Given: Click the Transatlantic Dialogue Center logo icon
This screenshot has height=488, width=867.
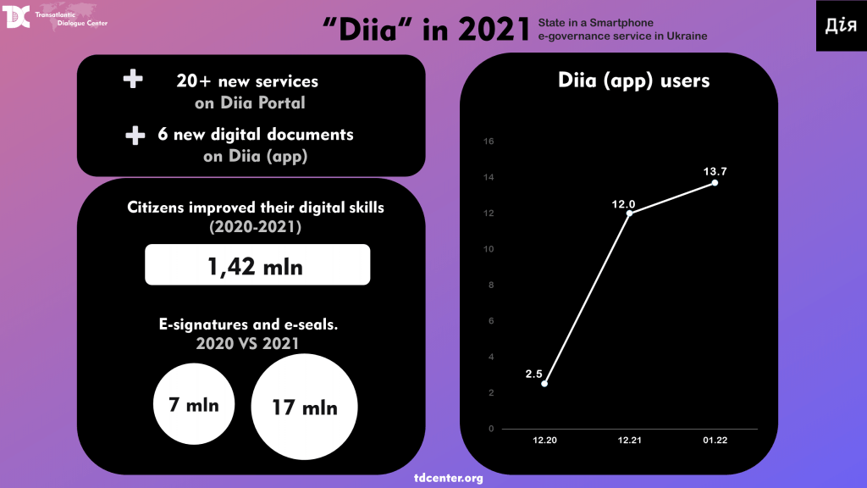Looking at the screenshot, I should (x=17, y=16).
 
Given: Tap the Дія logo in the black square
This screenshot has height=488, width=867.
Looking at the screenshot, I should (x=841, y=25).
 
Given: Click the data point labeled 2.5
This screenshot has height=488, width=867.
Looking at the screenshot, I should (x=544, y=384).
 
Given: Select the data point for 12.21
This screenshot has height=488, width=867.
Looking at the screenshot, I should (x=629, y=213).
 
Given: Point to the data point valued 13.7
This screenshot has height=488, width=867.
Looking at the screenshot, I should (x=715, y=183).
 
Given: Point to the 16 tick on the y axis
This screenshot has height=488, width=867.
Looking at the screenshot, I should (x=489, y=141).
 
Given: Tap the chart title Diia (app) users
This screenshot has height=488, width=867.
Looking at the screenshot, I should (x=634, y=81).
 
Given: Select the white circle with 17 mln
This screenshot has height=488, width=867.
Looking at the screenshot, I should (x=305, y=408).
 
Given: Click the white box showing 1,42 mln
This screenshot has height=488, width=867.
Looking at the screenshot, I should (x=257, y=265).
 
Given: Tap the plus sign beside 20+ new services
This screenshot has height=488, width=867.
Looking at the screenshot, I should (x=133, y=80).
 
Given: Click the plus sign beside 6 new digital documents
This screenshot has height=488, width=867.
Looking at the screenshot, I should (x=135, y=136).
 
